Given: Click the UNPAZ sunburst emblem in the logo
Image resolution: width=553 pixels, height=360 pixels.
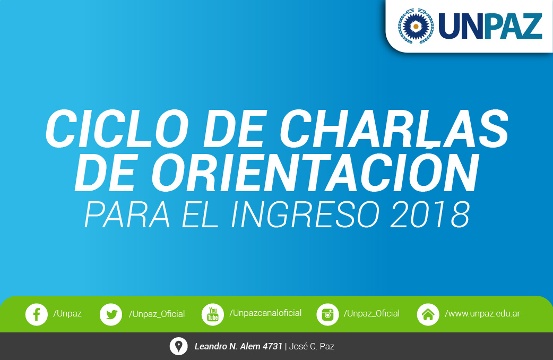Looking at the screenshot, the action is point(416,26).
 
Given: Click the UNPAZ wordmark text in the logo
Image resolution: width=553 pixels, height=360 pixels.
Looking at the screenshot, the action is point(490,26).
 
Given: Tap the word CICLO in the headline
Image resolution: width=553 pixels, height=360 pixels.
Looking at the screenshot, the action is point(117,128).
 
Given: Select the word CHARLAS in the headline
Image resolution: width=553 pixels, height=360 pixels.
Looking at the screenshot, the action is point(394,128).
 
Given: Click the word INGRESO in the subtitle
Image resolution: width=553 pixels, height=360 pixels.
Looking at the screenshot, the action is point(305,215).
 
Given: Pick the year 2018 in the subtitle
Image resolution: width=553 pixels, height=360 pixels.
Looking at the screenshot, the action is point(430,215).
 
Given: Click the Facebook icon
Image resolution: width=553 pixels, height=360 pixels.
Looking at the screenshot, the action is point(36,314).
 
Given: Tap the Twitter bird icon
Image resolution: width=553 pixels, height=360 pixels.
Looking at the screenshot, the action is point(111,314).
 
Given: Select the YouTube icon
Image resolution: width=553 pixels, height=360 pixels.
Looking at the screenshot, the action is point(213,314).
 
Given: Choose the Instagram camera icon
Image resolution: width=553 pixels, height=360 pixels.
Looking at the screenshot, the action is point(327,314).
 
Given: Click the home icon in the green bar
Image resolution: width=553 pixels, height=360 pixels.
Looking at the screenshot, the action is point(428,314).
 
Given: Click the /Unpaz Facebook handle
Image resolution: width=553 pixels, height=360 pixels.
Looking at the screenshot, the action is point(67,313).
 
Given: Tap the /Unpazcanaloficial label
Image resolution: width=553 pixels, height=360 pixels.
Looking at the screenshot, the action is point(265,313).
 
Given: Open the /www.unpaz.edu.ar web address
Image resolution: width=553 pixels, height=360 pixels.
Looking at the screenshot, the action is point(482,313).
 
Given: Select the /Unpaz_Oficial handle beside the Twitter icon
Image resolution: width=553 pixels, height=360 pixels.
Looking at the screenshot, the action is point(157,314).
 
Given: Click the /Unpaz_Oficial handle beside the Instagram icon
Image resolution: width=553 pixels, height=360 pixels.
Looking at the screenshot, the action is point(371,313).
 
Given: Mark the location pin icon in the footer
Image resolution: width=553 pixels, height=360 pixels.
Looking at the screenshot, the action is point(178,346).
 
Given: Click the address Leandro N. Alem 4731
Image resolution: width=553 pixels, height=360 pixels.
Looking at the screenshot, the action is point(238,346).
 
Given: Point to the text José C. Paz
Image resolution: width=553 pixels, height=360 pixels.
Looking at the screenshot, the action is point(312,346).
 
